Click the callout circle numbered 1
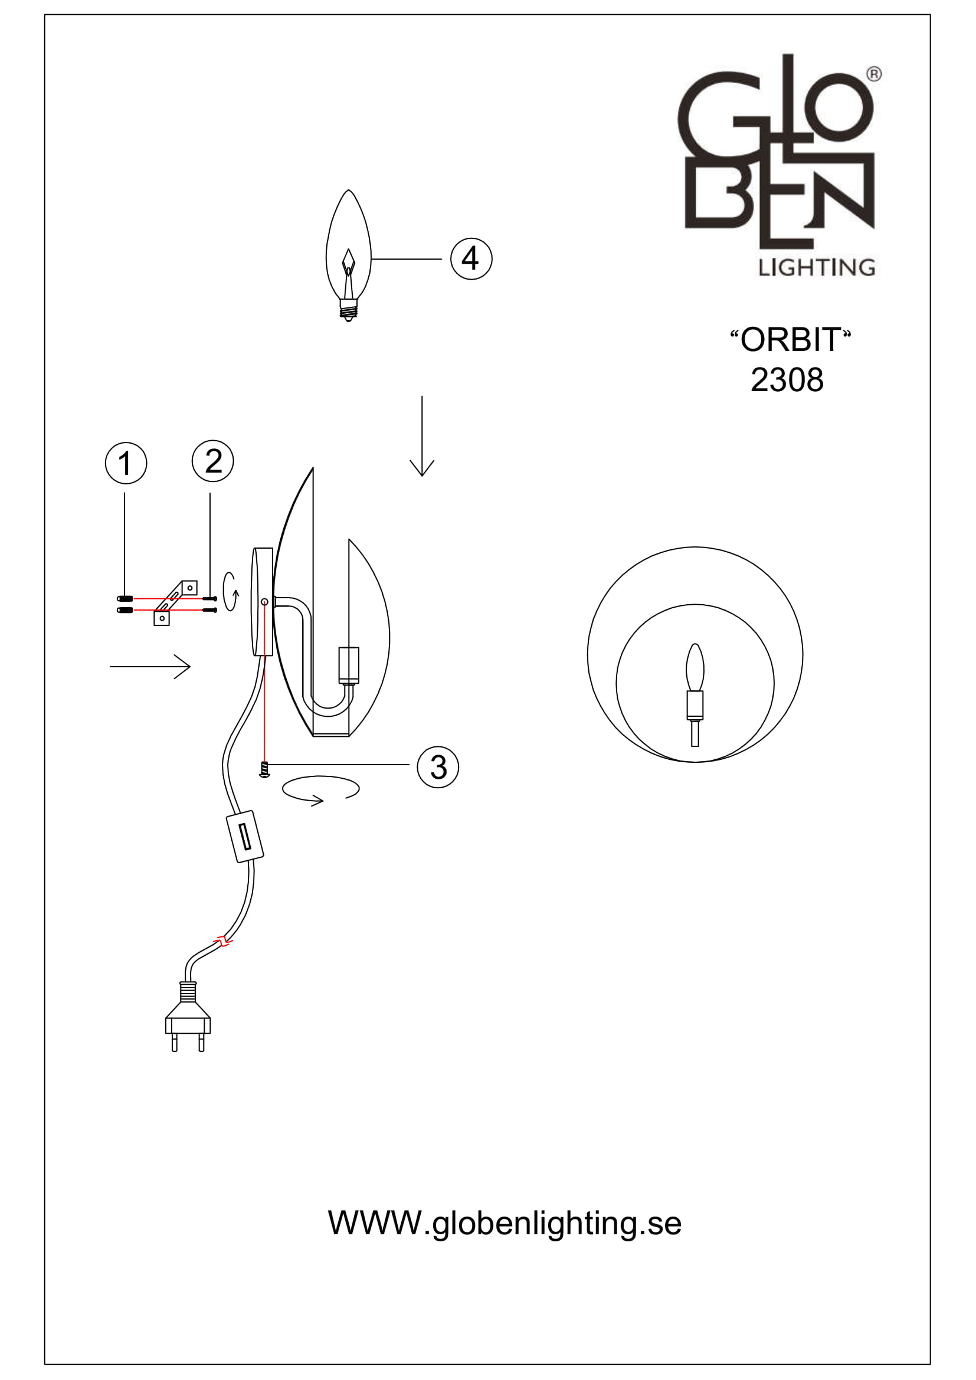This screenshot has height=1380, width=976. [126, 463]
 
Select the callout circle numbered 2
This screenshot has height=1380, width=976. [213, 461]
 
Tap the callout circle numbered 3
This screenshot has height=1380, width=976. [438, 767]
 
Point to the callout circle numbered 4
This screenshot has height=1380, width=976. [471, 258]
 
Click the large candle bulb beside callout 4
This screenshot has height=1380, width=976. [349, 253]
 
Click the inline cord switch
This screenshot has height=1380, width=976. [245, 836]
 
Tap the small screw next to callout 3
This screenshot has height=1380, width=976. [264, 769]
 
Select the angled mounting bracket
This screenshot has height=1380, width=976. [175, 602]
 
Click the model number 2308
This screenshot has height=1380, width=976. [787, 380]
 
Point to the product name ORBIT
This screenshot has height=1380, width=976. [790, 340]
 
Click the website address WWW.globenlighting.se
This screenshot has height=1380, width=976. [504, 1222]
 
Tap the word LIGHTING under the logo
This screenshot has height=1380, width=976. [816, 267]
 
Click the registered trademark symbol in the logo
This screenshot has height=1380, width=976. [874, 74]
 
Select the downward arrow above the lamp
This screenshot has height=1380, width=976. [422, 436]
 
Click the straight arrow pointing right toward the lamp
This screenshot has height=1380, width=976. [150, 666]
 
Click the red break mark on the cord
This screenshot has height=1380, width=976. [224, 941]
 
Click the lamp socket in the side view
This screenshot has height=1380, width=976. [349, 666]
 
